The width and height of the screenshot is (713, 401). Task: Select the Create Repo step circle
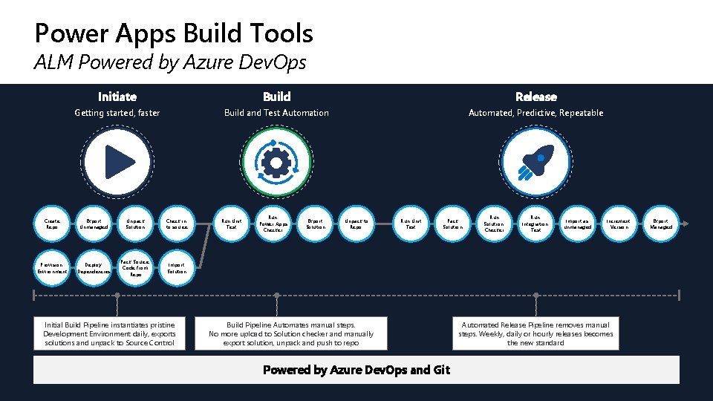pos(52,224)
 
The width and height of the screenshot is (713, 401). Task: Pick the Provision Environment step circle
pos(52,267)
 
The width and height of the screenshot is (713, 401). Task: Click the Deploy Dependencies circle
pos(94,267)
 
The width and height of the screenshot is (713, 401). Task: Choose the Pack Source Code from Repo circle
pos(135,267)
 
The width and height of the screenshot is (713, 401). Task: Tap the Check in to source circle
pos(177,224)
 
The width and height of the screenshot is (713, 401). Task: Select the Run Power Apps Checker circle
pos(273,224)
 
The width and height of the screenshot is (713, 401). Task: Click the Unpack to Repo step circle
pos(356,224)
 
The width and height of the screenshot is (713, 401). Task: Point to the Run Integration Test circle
pos(535,224)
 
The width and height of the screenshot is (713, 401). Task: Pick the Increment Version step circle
pos(618,224)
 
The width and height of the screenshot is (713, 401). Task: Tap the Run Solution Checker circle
pos(494,224)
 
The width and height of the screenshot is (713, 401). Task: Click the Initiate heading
pos(117,97)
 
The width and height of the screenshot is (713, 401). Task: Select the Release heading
pos(535,97)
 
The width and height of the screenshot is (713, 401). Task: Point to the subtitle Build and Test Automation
pos(276,113)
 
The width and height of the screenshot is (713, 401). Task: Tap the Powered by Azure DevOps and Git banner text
pos(356,370)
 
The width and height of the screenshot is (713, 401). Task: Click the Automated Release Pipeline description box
pos(535,334)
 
